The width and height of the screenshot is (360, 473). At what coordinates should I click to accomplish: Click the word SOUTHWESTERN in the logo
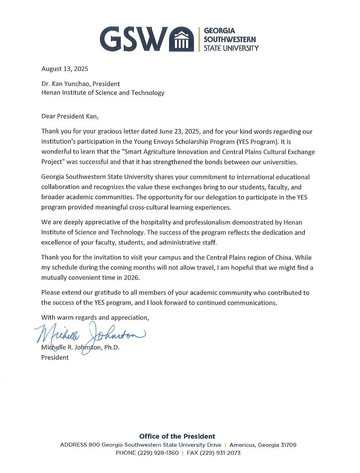[230, 39]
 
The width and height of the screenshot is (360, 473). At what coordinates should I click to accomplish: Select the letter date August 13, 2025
[65, 69]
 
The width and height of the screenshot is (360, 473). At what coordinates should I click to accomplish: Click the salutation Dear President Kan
[70, 116]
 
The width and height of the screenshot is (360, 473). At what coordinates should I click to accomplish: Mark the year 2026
[132, 278]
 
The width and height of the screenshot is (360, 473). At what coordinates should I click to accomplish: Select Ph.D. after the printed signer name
[112, 347]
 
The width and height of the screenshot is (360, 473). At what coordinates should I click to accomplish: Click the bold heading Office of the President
[177, 436]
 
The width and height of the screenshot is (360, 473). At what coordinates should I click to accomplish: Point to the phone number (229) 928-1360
[158, 453]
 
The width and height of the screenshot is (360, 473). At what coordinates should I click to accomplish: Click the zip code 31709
[288, 445]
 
